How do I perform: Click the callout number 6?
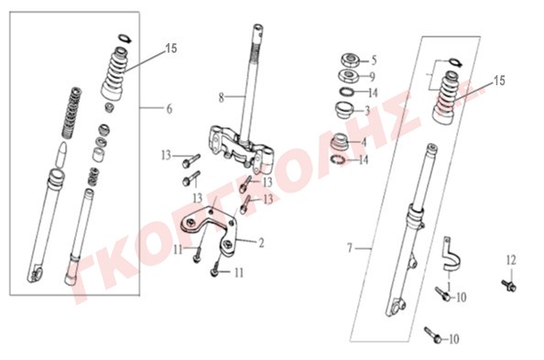click(169, 109)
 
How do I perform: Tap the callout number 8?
click(222, 98)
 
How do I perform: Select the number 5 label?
click(374, 60)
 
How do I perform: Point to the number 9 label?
click(372, 76)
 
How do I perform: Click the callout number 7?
click(350, 248)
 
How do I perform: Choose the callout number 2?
click(261, 243)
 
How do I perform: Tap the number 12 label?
click(511, 260)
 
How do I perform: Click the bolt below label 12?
click(509, 286)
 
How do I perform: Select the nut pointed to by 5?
click(350, 60)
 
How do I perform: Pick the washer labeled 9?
click(348, 76)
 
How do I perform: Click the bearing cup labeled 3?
click(344, 109)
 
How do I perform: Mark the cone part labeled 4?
click(339, 142)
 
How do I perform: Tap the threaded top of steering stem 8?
click(257, 38)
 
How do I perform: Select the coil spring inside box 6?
click(71, 112)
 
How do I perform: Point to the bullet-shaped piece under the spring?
click(61, 155)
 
